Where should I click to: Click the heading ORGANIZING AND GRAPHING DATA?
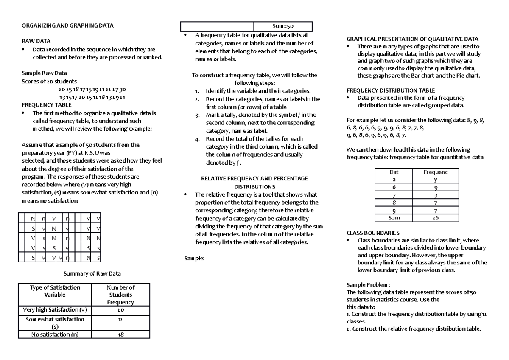tap(67, 26)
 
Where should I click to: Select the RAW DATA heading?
tap(36, 41)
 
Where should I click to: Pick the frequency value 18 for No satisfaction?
tap(120, 335)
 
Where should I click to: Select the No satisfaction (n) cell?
tap(55, 335)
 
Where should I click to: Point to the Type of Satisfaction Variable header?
tap(55, 291)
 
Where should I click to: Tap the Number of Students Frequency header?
tap(120, 295)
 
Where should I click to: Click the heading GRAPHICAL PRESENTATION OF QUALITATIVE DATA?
tap(413, 39)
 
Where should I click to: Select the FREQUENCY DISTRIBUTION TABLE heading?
tap(391, 90)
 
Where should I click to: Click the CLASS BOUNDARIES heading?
tap(373, 233)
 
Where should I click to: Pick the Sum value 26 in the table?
tap(435, 218)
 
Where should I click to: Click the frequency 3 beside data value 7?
tap(435, 195)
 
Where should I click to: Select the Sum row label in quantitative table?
tap(394, 218)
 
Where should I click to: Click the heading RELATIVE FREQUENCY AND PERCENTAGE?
tap(255, 179)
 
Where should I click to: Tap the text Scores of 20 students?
tap(49, 82)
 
